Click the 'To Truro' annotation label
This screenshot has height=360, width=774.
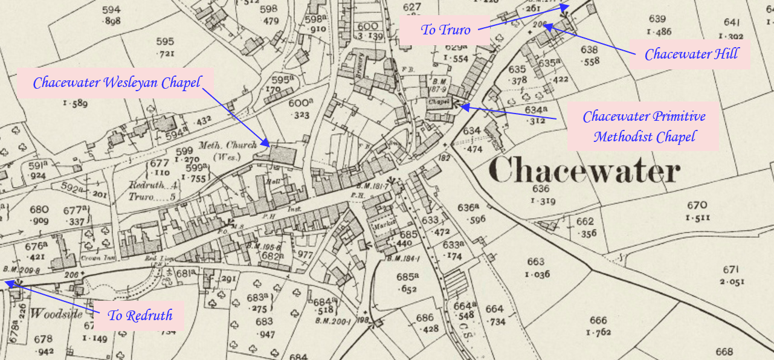pos(445,30)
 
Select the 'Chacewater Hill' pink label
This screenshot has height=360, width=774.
pos(691,54)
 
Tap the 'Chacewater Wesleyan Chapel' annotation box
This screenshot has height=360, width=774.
pos(116,83)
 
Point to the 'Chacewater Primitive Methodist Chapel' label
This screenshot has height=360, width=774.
pos(643,126)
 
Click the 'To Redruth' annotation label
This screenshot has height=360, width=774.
pos(140,315)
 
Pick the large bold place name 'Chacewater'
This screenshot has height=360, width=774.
pos(584,170)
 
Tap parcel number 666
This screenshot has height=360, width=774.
pos(598,320)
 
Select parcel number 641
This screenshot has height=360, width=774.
pos(731,22)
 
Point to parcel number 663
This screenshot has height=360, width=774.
pos(535,262)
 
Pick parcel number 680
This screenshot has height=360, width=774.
pos(39,210)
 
